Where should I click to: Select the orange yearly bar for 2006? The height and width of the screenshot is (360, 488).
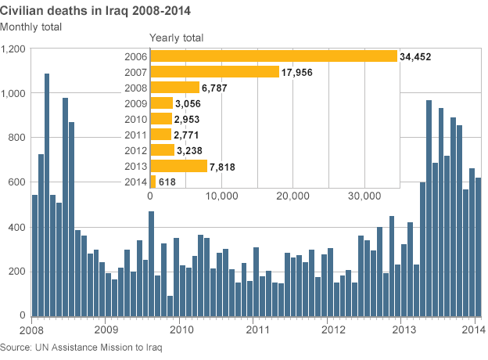click(x=274, y=56)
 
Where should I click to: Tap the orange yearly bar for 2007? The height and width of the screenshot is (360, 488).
click(x=214, y=72)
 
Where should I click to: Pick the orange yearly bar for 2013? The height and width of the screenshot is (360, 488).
click(x=178, y=166)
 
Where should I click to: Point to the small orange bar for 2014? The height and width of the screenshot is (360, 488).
click(x=152, y=182)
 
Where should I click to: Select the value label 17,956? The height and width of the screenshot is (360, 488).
click(x=299, y=72)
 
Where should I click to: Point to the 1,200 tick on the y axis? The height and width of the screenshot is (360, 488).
click(x=13, y=49)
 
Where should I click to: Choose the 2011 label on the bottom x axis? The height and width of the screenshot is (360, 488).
click(x=254, y=330)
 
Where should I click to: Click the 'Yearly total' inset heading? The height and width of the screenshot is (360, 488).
click(x=176, y=38)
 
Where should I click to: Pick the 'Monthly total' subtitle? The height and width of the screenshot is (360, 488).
click(x=31, y=27)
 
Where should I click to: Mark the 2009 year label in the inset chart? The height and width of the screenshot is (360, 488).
click(x=135, y=103)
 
